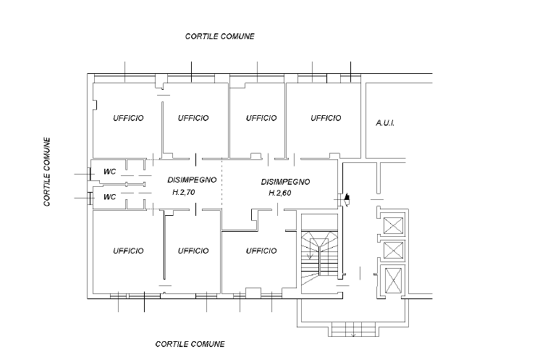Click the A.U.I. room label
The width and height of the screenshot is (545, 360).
[x=384, y=123]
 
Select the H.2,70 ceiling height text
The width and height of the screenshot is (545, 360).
[x=184, y=193]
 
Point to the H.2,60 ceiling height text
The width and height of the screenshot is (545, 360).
[x=279, y=193]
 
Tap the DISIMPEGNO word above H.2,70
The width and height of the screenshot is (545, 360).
[x=192, y=179]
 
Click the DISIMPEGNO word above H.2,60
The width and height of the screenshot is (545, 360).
[x=285, y=181]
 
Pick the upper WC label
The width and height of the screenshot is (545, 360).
[x=110, y=172]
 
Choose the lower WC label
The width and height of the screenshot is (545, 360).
[x=110, y=196]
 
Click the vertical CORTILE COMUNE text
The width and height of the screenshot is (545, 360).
[x=47, y=172]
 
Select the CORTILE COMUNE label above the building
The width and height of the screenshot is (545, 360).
[x=219, y=35]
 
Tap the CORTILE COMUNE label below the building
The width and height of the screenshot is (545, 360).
[x=190, y=344]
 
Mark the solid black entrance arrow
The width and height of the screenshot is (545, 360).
[x=347, y=196]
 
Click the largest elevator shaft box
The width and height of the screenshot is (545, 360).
[x=394, y=280]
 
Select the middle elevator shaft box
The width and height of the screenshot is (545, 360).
[x=394, y=251]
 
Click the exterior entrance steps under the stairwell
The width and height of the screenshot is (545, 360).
[x=352, y=330]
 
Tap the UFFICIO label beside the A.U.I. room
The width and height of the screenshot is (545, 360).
[x=326, y=118]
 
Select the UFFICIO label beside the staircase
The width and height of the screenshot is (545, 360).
[x=261, y=251]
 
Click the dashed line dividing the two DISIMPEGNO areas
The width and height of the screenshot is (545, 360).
[x=222, y=192]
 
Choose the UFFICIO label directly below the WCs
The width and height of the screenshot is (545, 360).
[x=128, y=251]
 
